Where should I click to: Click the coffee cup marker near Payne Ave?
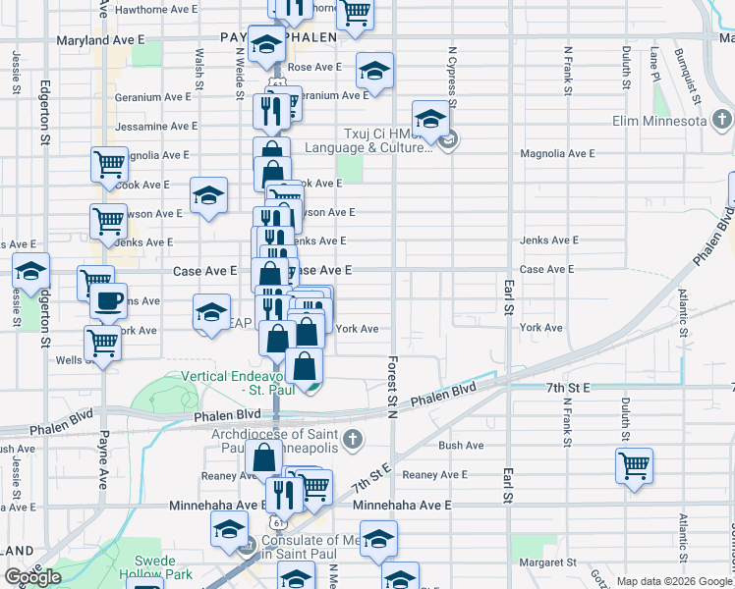click(109, 299)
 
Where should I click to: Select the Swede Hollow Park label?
click(161, 566)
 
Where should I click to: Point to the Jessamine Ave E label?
click(156, 127)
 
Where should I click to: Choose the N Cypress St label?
click(451, 75)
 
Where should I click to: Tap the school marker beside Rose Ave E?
click(373, 70)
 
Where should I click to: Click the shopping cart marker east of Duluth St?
click(635, 464)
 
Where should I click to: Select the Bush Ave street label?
click(461, 445)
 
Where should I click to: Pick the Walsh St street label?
click(199, 68)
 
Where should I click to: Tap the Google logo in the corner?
click(33, 577)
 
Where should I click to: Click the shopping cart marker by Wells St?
click(102, 343)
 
